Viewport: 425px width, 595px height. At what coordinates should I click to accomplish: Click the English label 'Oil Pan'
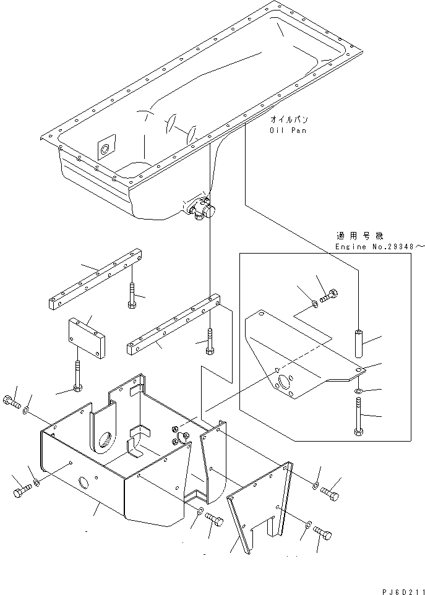pyautogui.click(x=288, y=131)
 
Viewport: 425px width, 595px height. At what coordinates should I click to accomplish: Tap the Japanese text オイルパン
pyautogui.click(x=289, y=119)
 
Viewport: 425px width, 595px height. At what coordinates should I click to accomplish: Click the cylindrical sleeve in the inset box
pyautogui.click(x=358, y=342)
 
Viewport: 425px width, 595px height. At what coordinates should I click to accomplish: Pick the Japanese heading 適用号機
pyautogui.click(x=360, y=236)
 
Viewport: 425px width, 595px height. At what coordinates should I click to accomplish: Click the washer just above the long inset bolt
pyautogui.click(x=358, y=392)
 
